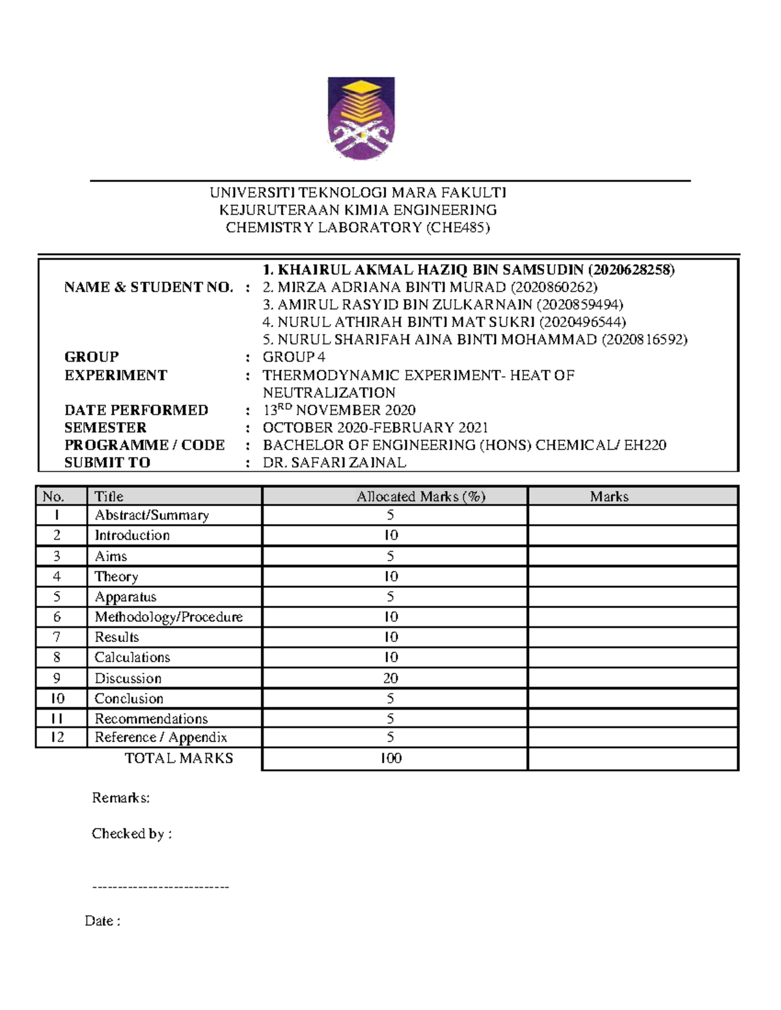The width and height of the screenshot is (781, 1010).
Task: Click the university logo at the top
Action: pos(361,118)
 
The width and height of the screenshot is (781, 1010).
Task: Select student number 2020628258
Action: pos(631,270)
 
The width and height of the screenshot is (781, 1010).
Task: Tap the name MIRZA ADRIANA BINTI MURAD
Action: pos(391,287)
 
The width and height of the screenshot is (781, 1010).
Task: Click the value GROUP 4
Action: pos(294,357)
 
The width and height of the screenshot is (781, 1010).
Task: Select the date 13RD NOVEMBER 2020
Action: pos(338,410)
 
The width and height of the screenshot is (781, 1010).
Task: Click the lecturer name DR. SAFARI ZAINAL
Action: pos(334,462)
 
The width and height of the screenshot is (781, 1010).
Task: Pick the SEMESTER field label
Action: pos(105,428)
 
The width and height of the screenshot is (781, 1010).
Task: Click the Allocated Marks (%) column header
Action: pos(420,497)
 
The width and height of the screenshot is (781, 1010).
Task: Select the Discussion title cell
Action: pos(128,678)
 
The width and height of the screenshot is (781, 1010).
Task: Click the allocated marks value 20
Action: pos(390,678)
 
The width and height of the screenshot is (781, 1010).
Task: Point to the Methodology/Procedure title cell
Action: pos(169,617)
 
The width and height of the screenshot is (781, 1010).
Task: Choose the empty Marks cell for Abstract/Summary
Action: pos(632,516)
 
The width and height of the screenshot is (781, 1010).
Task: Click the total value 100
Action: pos(390,758)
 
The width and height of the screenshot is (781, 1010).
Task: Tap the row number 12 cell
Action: pos(57,738)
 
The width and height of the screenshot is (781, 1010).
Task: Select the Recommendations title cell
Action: pos(151,719)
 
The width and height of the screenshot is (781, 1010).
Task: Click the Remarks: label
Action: pos(121,798)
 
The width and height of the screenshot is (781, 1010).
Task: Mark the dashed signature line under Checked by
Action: pos(160,887)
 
